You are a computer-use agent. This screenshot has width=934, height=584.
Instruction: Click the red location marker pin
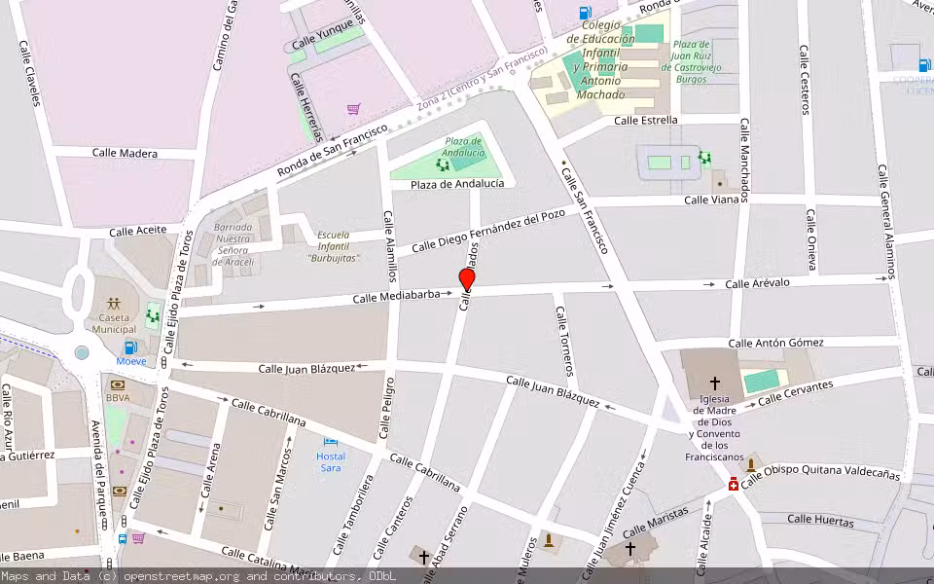pos(467,280)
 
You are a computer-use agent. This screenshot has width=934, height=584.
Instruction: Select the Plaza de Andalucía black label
pos(457,184)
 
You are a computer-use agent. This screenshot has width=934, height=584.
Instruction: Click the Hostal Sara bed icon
pos(331,443)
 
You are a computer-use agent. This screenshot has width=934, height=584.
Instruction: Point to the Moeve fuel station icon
pos(129,347)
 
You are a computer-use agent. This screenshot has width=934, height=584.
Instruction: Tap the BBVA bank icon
pos(118,383)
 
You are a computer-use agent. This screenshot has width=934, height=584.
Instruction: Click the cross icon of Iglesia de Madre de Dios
pos(715,383)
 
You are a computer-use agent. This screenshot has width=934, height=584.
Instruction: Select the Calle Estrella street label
pos(646,121)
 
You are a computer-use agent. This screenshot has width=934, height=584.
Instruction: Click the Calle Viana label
pos(711,200)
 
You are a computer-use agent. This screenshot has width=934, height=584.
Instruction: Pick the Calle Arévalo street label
pos(757,283)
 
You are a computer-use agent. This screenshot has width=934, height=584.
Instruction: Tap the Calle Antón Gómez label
pos(775,343)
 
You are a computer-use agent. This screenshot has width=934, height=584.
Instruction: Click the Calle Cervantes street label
pos(795,393)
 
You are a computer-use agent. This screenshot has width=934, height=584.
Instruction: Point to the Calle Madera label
pos(125,153)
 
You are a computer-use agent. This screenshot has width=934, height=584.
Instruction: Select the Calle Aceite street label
pos(137,231)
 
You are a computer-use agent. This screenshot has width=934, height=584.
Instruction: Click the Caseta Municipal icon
pos(115,303)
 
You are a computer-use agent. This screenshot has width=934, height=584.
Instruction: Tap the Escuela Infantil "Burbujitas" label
pos(334,247)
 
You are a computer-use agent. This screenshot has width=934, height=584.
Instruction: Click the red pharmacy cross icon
pos(733,484)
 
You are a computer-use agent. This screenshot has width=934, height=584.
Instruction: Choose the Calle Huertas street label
pos(820,520)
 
